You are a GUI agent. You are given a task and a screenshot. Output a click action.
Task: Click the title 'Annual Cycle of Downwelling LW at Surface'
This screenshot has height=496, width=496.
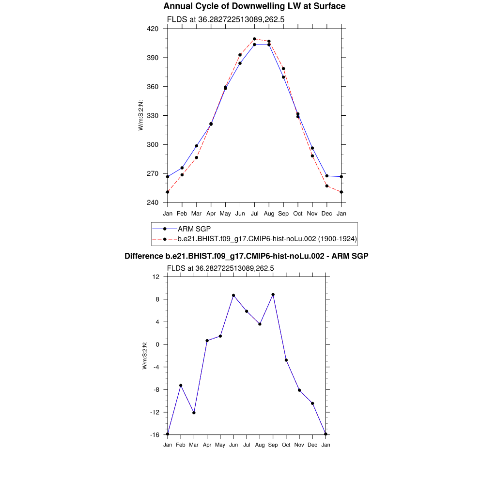(x=254, y=6)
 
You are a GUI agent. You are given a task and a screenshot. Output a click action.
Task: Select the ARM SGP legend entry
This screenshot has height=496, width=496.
(x=194, y=229)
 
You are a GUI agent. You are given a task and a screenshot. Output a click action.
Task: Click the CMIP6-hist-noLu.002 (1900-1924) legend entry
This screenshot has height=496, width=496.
(x=267, y=238)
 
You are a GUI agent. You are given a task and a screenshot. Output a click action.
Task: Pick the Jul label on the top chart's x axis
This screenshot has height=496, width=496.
(x=254, y=214)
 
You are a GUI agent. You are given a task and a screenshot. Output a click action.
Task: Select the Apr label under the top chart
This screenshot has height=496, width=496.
(x=211, y=214)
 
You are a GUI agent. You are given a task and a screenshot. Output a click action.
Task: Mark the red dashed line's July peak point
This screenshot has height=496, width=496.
(x=254, y=39)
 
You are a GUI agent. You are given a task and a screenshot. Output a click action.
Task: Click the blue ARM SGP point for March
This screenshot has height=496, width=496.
(x=197, y=146)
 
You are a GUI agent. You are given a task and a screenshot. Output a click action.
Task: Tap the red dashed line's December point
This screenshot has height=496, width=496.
(x=327, y=186)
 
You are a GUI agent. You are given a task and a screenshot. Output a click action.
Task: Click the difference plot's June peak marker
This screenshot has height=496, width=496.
(x=233, y=295)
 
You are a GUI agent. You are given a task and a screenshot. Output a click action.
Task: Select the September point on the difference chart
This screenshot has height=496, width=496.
(x=273, y=294)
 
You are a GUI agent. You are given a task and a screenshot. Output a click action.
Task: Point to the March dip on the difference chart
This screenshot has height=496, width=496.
(x=194, y=413)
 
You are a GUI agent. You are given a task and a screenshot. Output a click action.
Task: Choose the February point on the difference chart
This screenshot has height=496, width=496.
(x=181, y=386)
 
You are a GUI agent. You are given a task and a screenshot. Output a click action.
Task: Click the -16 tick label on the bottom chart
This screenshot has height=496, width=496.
(x=155, y=435)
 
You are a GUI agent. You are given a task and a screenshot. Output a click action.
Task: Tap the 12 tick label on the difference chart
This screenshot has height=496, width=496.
(x=156, y=277)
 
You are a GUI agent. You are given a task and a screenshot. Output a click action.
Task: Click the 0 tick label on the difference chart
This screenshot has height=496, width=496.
(x=157, y=345)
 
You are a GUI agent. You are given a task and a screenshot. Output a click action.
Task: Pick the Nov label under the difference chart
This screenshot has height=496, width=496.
(x=299, y=445)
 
